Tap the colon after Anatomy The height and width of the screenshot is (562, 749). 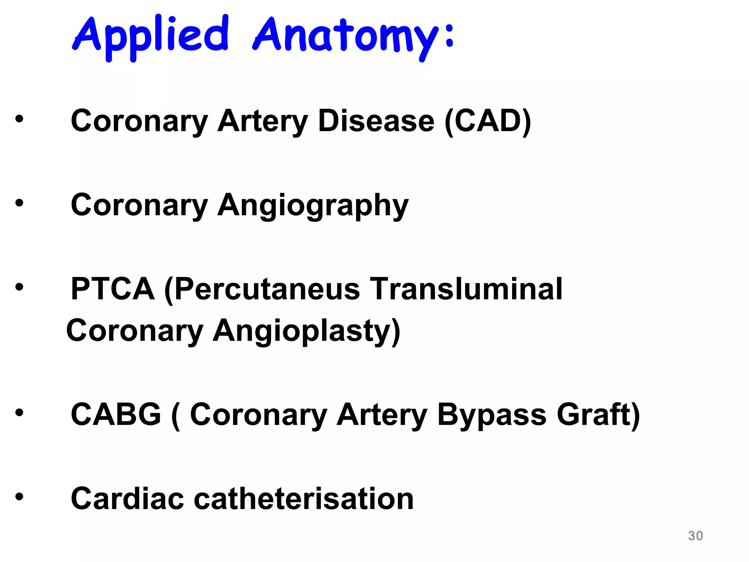(449, 36)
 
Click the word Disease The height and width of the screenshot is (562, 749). (376, 121)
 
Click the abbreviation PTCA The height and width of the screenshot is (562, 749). (113, 289)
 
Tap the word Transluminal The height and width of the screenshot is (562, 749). (466, 289)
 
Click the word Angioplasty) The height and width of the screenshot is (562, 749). (306, 331)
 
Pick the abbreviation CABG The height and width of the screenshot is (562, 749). (116, 415)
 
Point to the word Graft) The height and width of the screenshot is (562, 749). (598, 415)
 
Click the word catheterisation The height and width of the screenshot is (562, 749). (304, 499)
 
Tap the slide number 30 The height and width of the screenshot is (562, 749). (695, 536)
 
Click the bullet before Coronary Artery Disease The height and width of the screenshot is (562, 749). (19, 119)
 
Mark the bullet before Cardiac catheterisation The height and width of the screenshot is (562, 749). (19, 497)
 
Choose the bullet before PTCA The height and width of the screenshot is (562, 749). (19, 287)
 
